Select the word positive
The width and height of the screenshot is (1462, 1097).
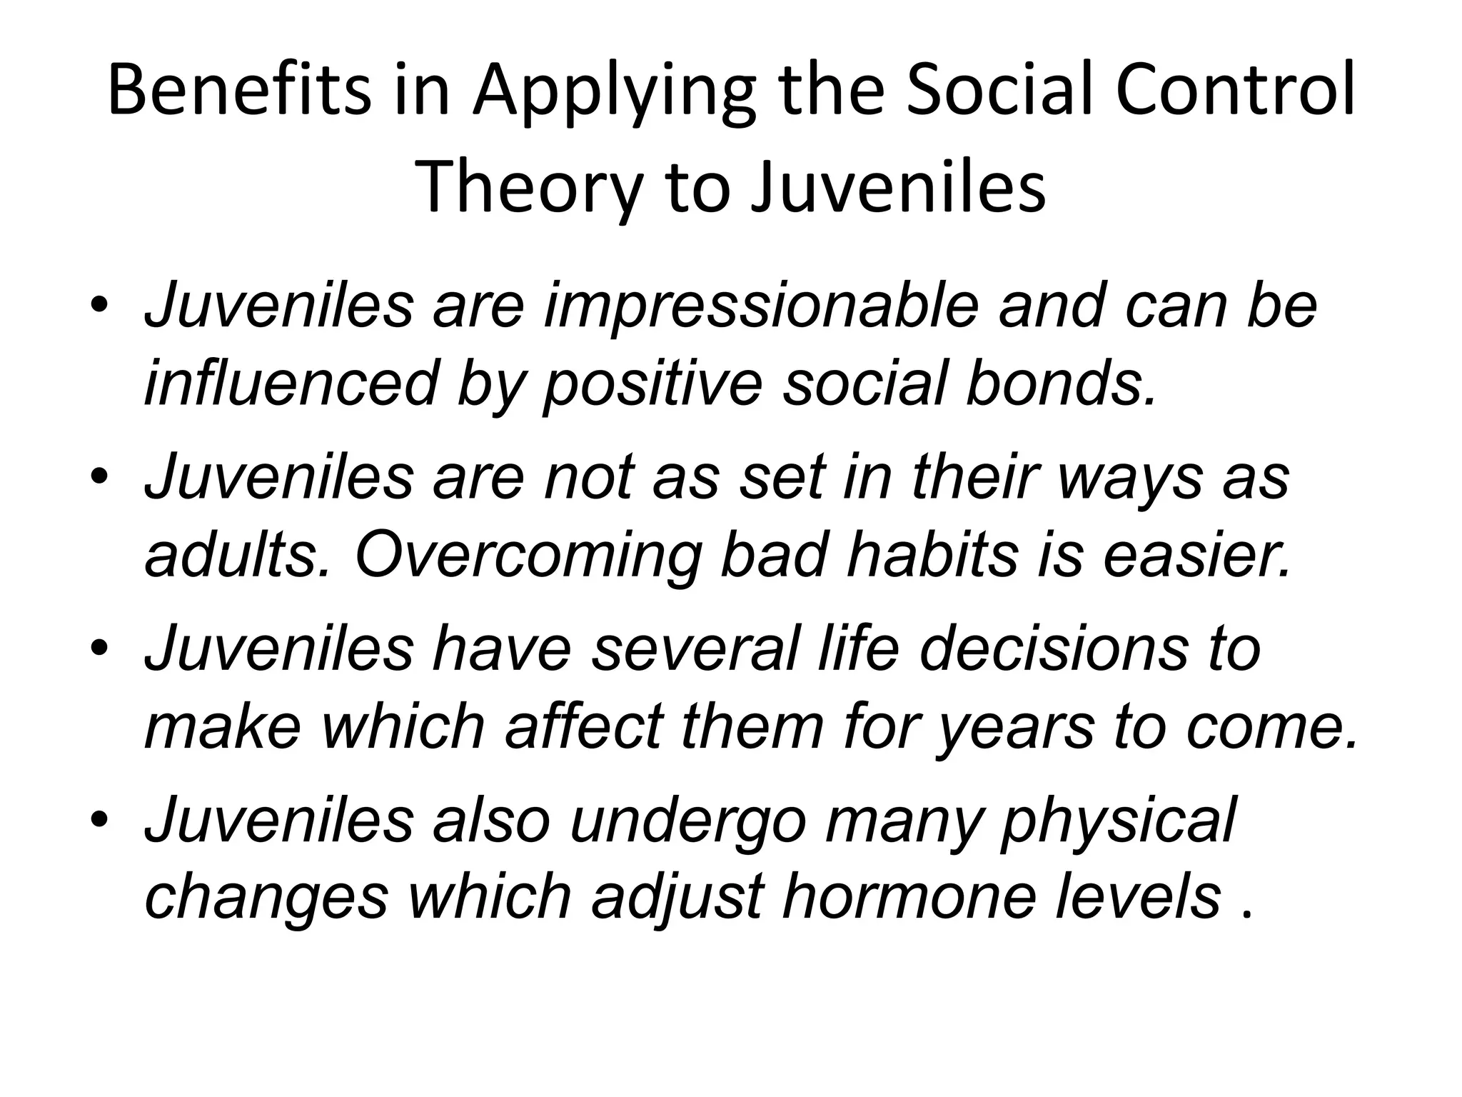point(652,386)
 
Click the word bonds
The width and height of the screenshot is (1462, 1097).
point(1060,384)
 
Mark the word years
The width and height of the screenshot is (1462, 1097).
point(1014,730)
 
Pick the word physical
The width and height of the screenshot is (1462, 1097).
point(1118,823)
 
